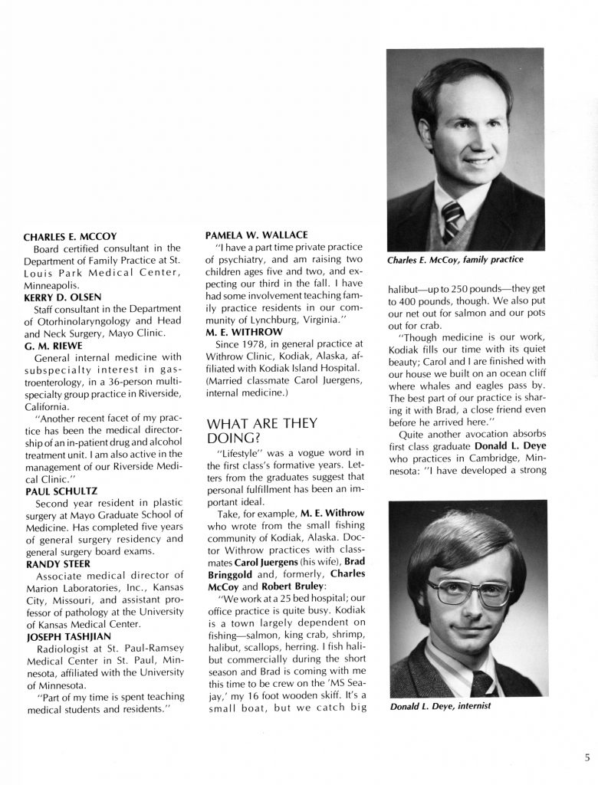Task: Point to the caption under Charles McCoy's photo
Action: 455,260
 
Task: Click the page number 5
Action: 586,758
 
